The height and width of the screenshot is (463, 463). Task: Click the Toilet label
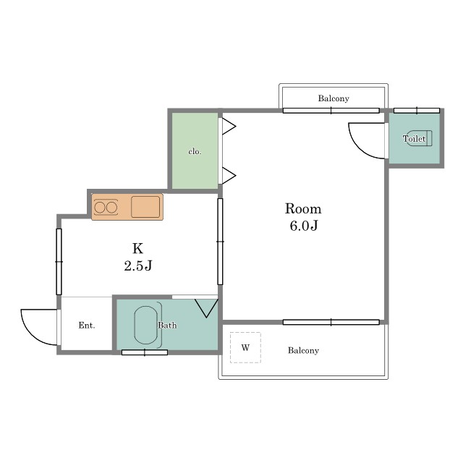(414, 138)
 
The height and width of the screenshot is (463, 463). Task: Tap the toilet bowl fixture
(420, 138)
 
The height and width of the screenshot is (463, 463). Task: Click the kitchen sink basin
(145, 207)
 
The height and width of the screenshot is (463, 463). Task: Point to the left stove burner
(100, 208)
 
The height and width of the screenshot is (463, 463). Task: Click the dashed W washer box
(245, 347)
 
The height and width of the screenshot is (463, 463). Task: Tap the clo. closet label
(195, 151)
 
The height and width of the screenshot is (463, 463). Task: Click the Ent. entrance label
(87, 325)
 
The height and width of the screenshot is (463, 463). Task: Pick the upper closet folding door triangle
(229, 127)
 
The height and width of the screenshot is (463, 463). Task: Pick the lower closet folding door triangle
(229, 176)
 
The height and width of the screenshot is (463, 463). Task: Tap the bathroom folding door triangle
(206, 308)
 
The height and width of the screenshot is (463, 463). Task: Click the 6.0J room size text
(304, 226)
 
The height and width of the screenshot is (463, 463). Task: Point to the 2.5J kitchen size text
(138, 266)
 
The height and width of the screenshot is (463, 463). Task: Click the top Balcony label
(334, 98)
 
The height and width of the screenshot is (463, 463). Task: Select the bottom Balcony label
(303, 350)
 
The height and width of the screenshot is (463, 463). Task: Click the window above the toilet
(417, 111)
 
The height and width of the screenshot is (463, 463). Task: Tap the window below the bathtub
(145, 352)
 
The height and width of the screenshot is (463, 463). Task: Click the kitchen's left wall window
(59, 262)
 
